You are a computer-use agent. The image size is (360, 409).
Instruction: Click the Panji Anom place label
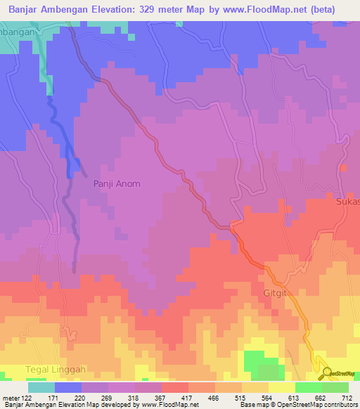(x=117, y=184)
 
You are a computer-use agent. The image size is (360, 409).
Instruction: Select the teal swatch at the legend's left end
(x=41, y=387)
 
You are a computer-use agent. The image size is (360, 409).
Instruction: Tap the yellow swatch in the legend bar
(x=281, y=387)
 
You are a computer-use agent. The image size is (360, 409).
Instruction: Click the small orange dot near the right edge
(x=343, y=168)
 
